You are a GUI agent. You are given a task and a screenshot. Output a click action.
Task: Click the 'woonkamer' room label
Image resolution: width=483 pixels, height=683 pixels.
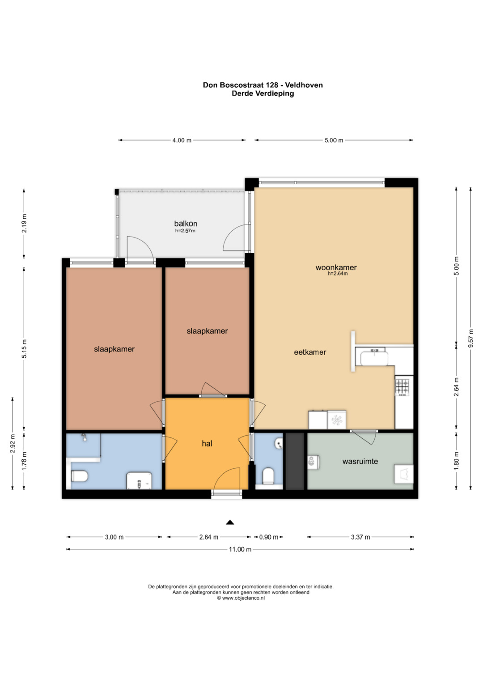coord(336,267)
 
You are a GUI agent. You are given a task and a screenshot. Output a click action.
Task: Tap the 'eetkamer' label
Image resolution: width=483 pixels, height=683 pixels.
coord(310,352)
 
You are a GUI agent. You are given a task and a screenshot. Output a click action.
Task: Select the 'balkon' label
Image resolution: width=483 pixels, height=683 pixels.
coord(186,224)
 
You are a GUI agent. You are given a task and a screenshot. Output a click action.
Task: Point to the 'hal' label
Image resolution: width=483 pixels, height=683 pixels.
coord(207,443)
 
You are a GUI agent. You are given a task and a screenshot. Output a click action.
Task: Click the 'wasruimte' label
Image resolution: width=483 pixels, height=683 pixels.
coord(360,461)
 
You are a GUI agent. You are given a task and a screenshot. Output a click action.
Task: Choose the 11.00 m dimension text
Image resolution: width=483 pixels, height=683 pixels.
coord(240,549)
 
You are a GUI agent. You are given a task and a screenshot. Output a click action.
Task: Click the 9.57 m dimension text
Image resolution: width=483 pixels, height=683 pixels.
coord(471,338)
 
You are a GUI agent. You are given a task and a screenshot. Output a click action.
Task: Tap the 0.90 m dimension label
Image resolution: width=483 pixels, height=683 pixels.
coord(269,537)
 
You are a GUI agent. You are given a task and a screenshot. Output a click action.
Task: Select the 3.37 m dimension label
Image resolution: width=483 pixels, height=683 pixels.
coord(360,537)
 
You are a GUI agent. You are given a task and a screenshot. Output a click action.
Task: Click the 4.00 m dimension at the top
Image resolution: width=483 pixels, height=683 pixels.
coord(182,140)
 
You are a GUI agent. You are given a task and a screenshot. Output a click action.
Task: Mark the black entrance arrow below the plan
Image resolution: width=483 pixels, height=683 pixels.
coord(230,522)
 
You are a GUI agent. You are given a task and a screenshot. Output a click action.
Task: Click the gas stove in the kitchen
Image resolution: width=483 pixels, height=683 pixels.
coord(402,387)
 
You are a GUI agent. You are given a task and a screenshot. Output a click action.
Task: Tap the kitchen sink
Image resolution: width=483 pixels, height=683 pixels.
coord(374,358)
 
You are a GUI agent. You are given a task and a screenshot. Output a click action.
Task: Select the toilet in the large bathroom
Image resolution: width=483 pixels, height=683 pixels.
coord(80,475)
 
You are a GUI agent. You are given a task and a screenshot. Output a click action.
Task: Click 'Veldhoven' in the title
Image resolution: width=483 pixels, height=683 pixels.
coord(304,85)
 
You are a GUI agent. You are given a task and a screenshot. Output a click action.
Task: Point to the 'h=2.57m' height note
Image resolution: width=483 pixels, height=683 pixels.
coord(185,231)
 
